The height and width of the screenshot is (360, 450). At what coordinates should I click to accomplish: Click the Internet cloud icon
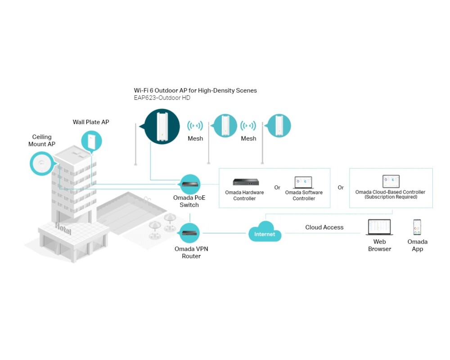(265, 233)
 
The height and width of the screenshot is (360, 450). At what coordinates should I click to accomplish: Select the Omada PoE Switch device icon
(190, 184)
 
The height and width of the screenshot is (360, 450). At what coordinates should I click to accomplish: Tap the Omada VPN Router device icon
(190, 233)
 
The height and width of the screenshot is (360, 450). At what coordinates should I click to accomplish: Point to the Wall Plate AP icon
(91, 141)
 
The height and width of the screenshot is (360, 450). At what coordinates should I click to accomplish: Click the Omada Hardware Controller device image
(245, 182)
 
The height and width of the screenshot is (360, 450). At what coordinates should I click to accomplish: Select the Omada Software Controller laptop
(303, 182)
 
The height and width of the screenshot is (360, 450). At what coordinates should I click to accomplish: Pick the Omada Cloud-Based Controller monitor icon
(391, 181)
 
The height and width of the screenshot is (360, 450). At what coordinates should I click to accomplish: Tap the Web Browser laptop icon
(379, 227)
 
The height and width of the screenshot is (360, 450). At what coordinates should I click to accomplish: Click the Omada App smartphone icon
(417, 227)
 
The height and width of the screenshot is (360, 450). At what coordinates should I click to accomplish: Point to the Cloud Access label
(324, 227)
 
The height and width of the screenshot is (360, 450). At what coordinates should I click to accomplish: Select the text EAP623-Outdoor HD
(162, 98)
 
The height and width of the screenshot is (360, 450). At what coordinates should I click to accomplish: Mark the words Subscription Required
(391, 197)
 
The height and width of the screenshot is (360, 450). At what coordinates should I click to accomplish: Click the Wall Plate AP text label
(91, 122)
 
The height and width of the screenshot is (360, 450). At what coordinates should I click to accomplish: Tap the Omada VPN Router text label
(191, 252)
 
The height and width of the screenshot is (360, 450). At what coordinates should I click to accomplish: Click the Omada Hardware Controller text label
(244, 195)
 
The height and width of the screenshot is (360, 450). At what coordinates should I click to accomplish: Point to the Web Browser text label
(379, 245)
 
